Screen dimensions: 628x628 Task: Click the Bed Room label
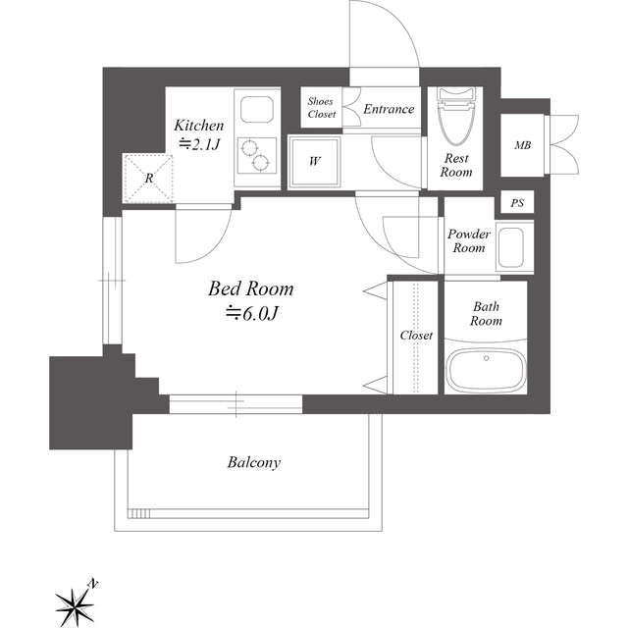(251, 288)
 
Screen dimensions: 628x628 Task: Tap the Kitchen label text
(198, 126)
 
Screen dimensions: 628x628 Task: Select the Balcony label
(254, 462)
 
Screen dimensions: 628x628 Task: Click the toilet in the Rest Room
(456, 116)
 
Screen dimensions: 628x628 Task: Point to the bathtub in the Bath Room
(487, 370)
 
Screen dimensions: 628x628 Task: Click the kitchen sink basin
(257, 109)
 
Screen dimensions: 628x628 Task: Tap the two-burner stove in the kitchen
(257, 155)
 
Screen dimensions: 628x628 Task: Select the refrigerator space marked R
(148, 179)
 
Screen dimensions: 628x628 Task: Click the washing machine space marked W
(315, 161)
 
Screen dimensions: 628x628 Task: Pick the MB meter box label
(522, 145)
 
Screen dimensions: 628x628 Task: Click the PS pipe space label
(517, 203)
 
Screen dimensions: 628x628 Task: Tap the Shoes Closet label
(321, 108)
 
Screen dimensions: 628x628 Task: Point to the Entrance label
(389, 109)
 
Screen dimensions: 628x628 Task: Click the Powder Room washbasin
(510, 248)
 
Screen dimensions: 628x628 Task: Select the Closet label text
(416, 336)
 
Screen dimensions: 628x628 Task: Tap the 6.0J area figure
(251, 314)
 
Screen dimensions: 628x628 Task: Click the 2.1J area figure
(199, 144)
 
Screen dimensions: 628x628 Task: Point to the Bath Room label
(486, 314)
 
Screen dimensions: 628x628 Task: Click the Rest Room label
(456, 165)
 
